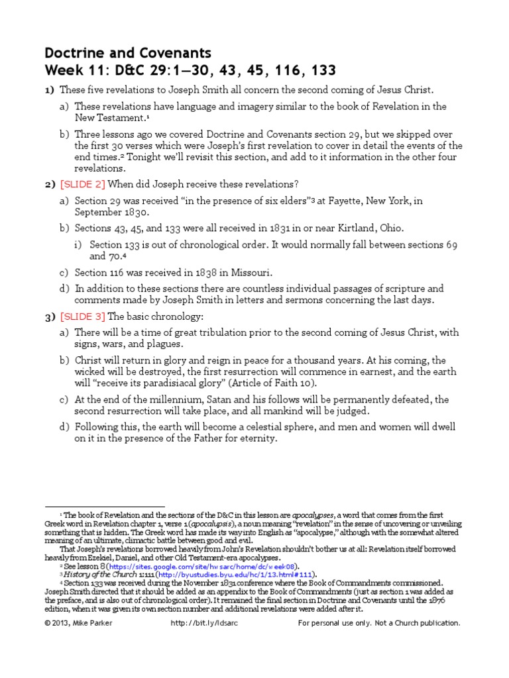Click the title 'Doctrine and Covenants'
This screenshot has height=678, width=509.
(127, 53)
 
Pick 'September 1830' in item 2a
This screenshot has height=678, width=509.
(112, 213)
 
